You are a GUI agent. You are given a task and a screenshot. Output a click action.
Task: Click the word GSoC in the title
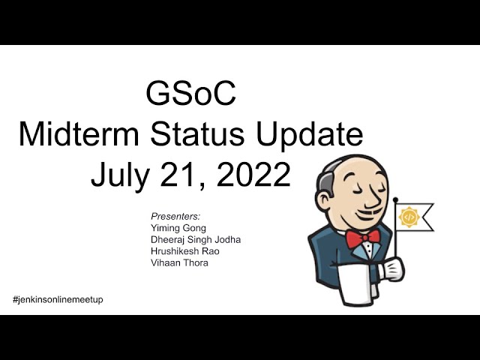click(190, 94)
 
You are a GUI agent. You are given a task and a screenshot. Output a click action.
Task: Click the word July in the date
click(121, 175)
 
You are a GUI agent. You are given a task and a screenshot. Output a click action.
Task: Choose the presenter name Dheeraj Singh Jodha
click(196, 240)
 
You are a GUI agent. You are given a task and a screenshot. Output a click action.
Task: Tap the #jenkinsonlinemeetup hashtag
click(58, 300)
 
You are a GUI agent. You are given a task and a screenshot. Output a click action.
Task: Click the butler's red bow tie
click(363, 238)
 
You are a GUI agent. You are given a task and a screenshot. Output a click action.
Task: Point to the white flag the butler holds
click(414, 217)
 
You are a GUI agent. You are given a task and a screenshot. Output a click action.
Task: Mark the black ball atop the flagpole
click(395, 200)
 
